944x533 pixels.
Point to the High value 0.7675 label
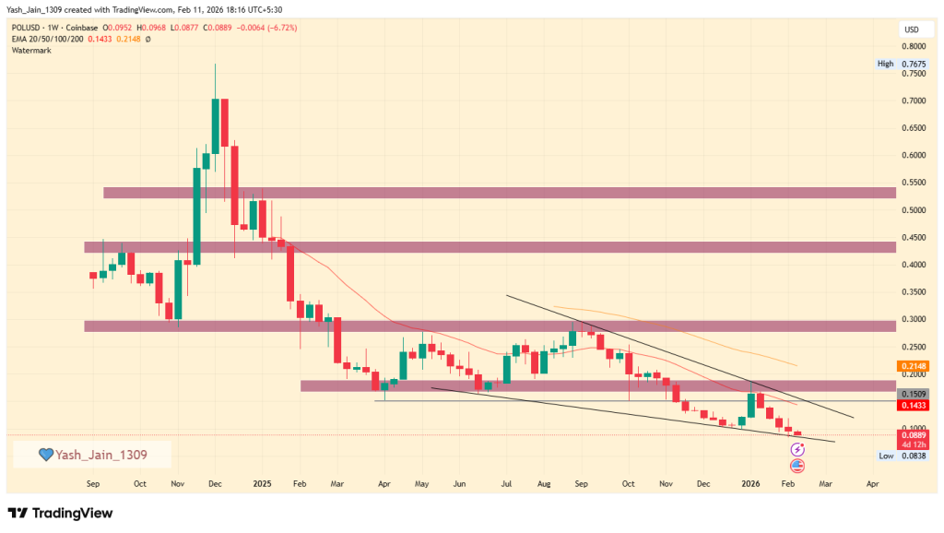913,64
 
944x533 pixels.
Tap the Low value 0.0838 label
913,456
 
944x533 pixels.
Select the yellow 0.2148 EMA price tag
913,366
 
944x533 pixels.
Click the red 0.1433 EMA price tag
913,405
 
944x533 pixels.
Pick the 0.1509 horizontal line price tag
913,394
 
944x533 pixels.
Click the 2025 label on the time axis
263,482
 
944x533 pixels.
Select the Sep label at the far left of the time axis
93,482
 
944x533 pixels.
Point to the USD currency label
912,30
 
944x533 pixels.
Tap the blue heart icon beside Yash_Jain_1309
44,455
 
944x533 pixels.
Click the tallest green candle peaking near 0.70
215,125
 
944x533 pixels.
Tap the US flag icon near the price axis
797,466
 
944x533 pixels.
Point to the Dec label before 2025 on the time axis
214,482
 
